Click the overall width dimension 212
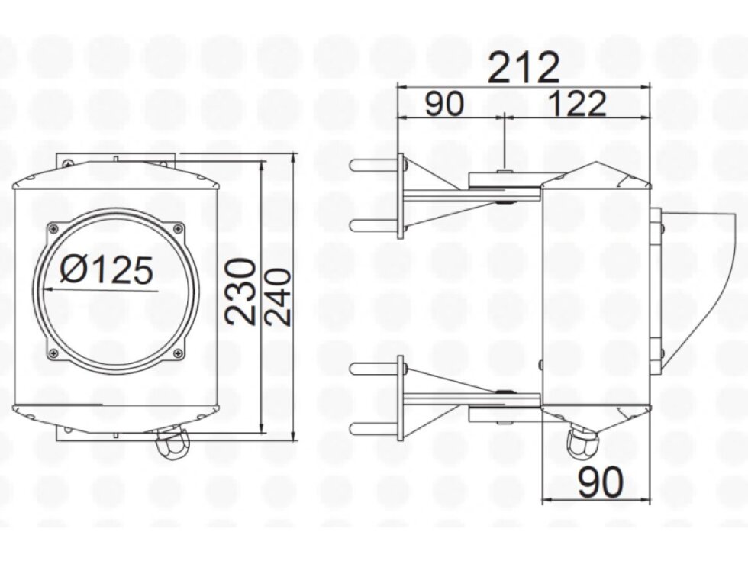point(524,69)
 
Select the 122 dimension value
point(577,103)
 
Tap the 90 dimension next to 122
point(444,103)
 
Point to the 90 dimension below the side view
point(600,482)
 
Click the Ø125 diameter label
point(107,269)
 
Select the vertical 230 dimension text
point(240,292)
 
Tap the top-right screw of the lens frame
point(178,228)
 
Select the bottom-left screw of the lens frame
point(53,352)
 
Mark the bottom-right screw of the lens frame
point(178,352)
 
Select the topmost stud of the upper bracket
point(373,164)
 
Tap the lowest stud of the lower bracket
point(373,427)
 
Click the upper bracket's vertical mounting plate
point(400,195)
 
